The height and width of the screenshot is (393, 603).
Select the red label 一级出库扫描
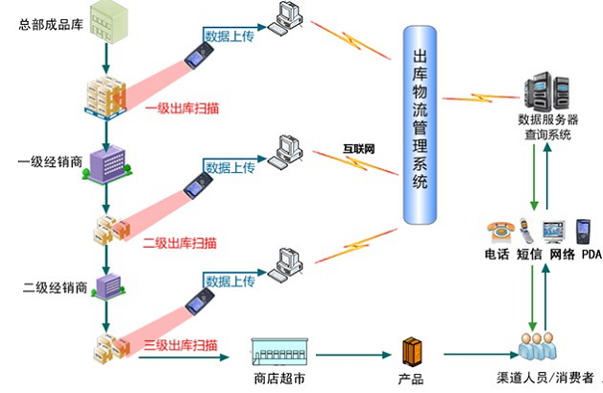(181, 109)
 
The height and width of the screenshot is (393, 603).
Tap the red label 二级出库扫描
(180, 242)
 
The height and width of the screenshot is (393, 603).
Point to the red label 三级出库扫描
(180, 344)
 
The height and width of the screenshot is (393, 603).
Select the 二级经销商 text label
(56, 287)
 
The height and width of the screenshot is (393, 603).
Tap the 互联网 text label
(358, 149)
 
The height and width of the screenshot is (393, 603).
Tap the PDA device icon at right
(581, 232)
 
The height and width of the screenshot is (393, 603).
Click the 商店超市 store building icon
(279, 352)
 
